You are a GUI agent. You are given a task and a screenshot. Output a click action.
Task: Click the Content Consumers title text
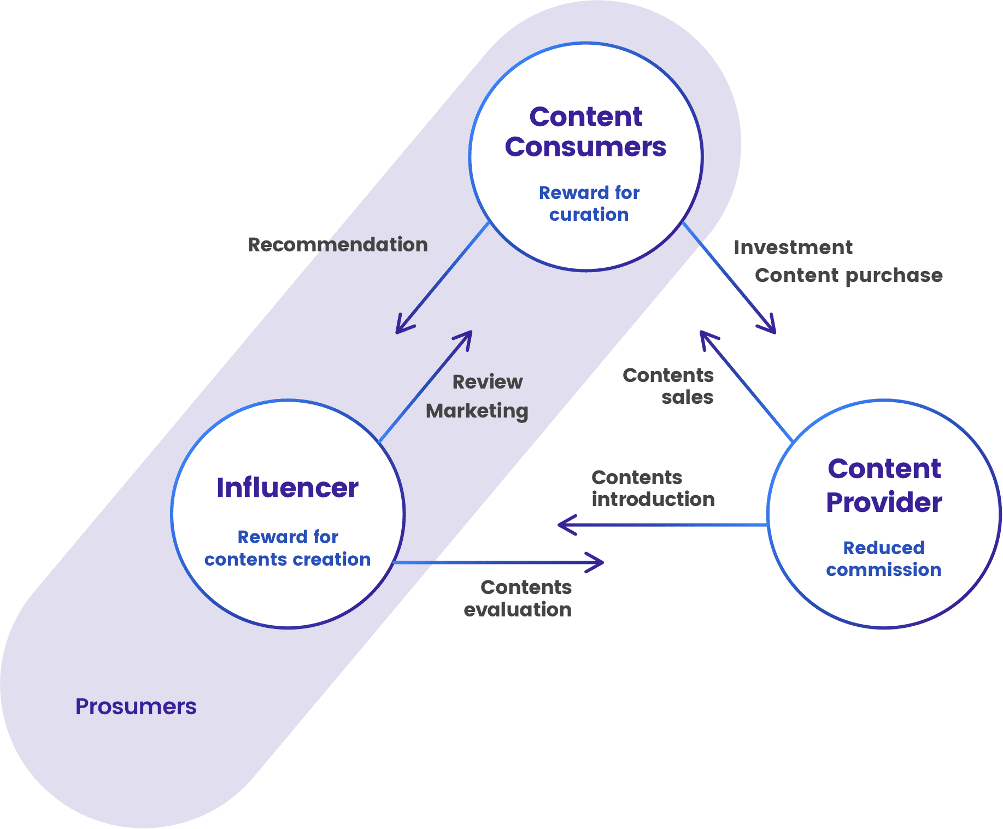click(x=585, y=132)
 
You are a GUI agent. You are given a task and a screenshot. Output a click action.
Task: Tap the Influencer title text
click(x=288, y=487)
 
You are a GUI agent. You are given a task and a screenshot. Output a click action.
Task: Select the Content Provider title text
click(x=884, y=485)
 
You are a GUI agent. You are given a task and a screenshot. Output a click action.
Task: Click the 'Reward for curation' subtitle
click(x=589, y=203)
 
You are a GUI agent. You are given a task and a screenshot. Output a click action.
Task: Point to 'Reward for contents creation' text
click(x=288, y=548)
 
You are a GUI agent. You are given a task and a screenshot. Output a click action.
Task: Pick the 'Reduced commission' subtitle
click(x=884, y=558)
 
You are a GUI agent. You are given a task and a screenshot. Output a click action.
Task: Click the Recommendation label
click(x=338, y=244)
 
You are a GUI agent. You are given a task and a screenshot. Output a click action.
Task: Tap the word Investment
click(x=793, y=247)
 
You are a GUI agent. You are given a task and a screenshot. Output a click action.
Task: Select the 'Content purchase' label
click(x=848, y=275)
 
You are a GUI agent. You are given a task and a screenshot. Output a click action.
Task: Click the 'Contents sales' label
click(x=668, y=386)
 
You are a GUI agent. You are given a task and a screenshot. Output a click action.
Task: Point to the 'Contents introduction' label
click(x=653, y=488)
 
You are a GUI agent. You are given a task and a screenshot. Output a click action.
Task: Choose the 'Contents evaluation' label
click(x=518, y=598)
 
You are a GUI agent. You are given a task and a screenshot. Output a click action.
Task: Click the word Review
click(x=488, y=381)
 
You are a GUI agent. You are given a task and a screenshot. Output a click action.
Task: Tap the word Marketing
click(x=477, y=410)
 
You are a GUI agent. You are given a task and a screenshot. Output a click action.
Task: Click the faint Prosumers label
click(x=136, y=707)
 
